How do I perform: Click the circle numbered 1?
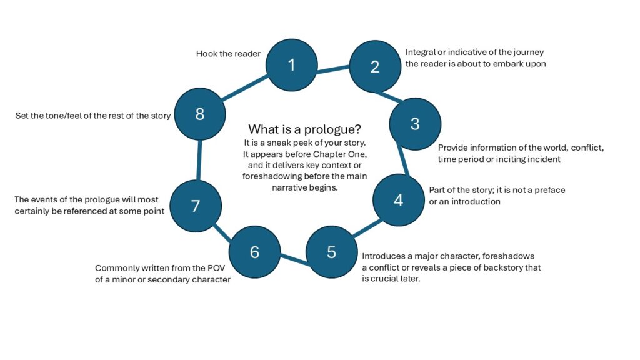pos(291,65)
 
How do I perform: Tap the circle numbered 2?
pos(374,67)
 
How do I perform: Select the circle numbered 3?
pos(414,124)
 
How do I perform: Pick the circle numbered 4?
pos(398,200)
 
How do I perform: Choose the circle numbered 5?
pos(331,252)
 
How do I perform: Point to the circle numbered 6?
pos(254,252)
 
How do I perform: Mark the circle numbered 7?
pos(196,206)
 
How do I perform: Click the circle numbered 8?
pos(199,114)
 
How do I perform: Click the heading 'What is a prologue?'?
pos(304,129)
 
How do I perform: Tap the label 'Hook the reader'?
pos(228,54)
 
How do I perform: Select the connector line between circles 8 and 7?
pos(198,160)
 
